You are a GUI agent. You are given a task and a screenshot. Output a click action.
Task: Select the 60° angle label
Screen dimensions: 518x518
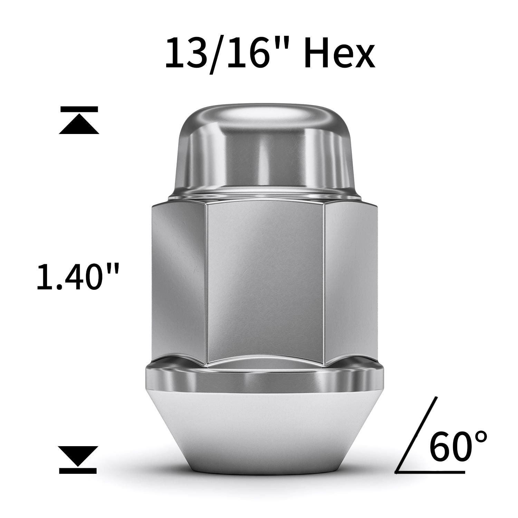pos(458,445)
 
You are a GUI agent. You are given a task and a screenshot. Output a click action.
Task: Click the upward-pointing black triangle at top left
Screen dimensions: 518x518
pos(79,125)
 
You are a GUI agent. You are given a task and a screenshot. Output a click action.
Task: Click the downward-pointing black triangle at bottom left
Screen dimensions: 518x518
pos(78,455)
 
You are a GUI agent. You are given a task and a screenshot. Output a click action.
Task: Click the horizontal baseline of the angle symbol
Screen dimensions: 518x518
pos(430,472)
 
